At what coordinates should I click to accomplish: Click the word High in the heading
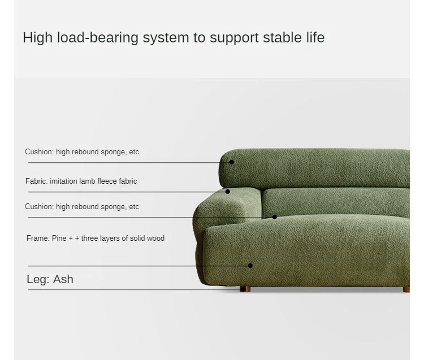point(37,37)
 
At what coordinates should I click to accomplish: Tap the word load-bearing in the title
point(98,37)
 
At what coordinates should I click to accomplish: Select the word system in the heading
point(166,38)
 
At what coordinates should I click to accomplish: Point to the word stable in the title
point(282,37)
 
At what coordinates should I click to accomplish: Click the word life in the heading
point(315,37)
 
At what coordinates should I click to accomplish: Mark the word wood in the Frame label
point(156,238)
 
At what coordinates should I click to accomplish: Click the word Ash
point(63,279)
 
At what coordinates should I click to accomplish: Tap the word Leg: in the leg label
point(38,279)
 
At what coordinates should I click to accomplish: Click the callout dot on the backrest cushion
point(231,162)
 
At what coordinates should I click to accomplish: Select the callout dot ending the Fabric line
point(228,192)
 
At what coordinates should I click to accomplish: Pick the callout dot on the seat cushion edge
point(274,217)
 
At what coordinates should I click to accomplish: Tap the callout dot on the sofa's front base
point(250,266)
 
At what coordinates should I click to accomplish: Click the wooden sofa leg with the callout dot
point(245,289)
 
